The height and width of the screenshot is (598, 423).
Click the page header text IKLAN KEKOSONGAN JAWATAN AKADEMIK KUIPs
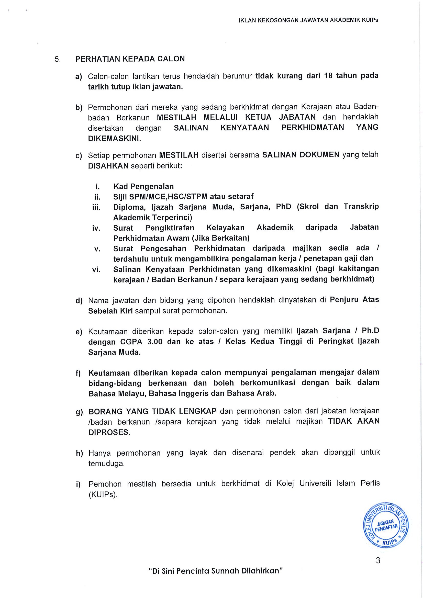(x=308, y=20)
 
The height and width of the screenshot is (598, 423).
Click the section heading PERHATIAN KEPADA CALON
(x=130, y=59)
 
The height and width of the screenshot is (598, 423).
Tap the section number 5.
(x=58, y=59)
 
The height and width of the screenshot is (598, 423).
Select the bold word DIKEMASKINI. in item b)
(x=115, y=139)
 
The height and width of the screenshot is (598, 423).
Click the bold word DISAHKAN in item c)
(x=108, y=166)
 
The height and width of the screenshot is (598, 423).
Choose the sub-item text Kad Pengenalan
(x=143, y=186)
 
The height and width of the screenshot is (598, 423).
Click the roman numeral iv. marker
(x=96, y=228)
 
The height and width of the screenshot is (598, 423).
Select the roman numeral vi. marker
(x=96, y=270)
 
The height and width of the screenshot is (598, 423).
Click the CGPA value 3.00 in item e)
(x=155, y=342)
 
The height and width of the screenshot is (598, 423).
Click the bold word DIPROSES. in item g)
(x=109, y=432)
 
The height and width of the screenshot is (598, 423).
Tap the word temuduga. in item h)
(x=107, y=464)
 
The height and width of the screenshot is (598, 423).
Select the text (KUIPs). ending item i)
(x=103, y=495)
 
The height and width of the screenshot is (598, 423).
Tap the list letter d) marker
(x=79, y=301)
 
